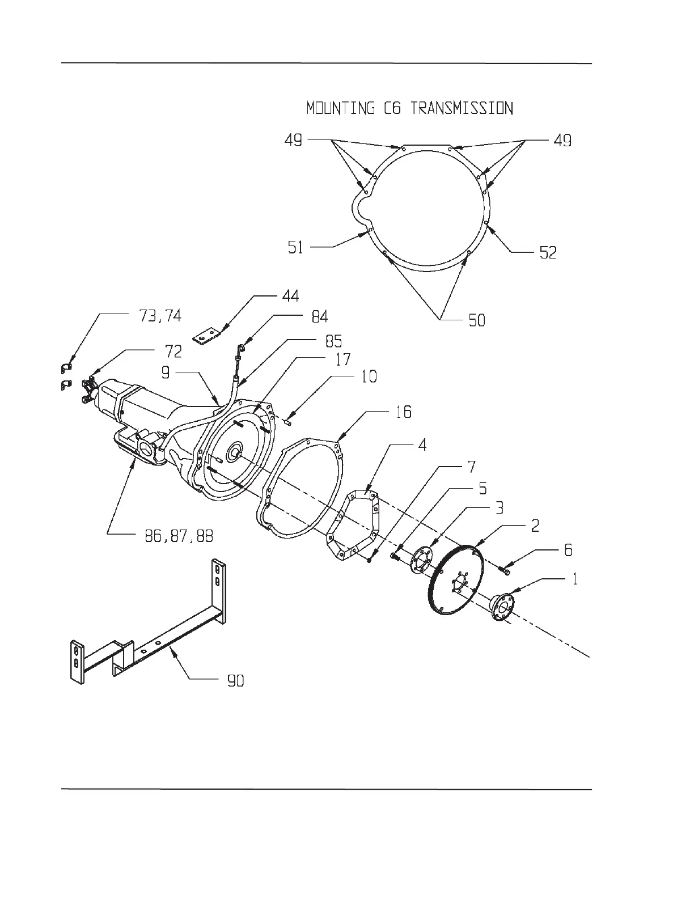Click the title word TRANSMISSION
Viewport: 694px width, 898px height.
462,108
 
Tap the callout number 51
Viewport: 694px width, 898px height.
295,248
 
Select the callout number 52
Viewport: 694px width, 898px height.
548,252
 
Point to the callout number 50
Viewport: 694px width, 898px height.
477,320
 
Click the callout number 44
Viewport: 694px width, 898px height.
290,296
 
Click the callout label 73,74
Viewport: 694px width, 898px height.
160,316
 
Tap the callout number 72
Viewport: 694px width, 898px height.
173,351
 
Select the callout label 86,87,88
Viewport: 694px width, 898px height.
179,536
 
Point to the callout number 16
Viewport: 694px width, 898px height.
403,412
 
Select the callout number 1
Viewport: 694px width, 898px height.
574,579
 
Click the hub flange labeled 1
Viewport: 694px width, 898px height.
502,607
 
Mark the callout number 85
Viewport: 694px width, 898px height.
333,341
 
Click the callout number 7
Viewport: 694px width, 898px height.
471,467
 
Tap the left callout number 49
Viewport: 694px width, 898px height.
294,140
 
